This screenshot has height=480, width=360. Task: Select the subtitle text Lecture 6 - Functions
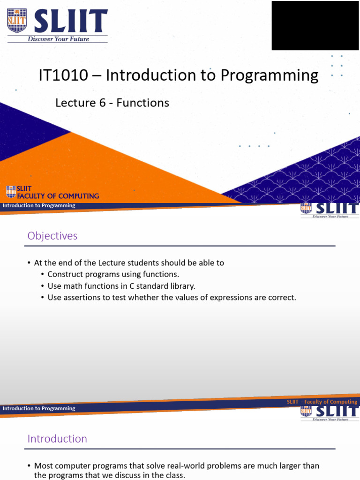pos(112,103)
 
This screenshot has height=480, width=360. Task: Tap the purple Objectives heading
pos(52,236)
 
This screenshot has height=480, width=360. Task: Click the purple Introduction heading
pos(57,439)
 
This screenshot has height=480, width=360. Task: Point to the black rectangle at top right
pos(315,25)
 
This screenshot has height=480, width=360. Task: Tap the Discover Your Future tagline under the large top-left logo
pos(58,39)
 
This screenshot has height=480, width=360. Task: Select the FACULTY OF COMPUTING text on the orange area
pos(58,196)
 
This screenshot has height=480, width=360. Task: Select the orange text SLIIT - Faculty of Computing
pos(322,402)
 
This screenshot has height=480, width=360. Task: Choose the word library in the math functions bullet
pos(183,286)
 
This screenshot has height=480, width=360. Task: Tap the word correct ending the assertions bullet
pos(282,298)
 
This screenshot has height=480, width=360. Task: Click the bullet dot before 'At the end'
pos(29,263)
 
